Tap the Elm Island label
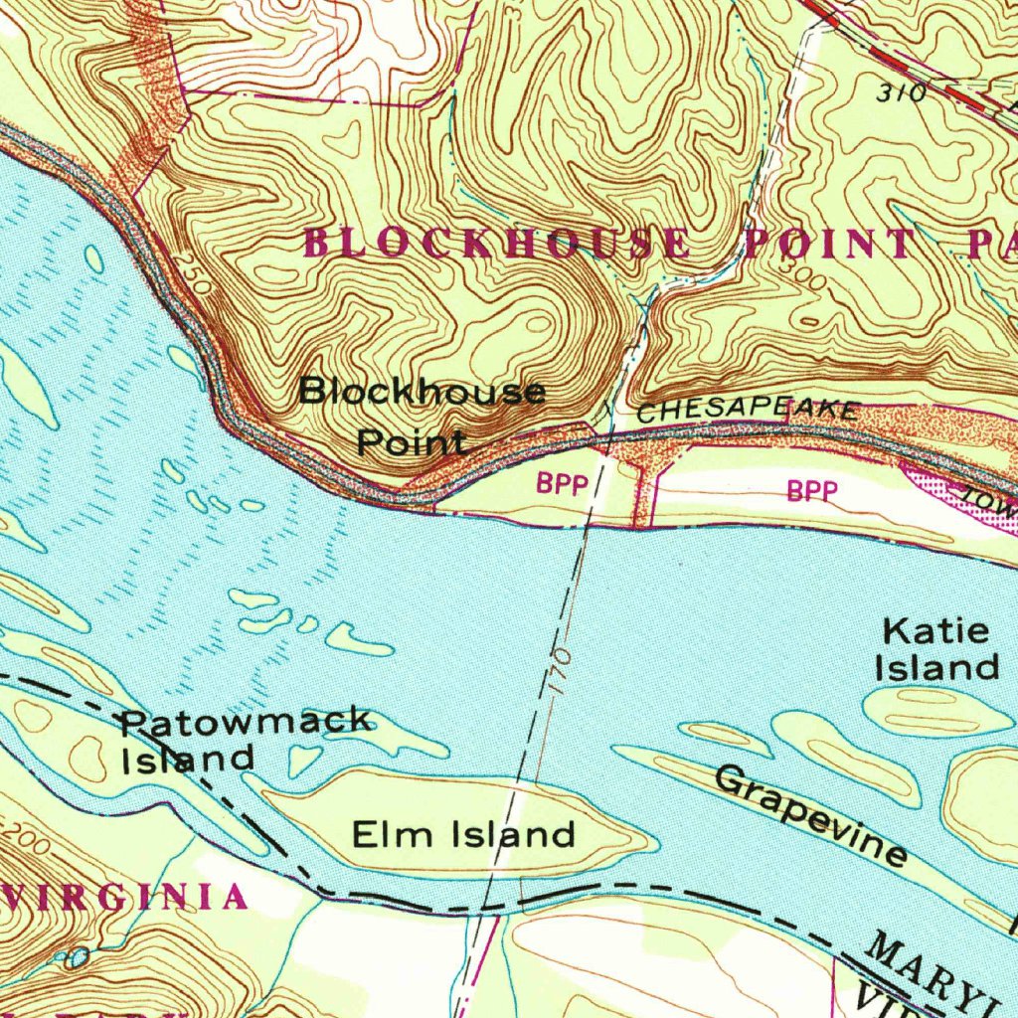[x=463, y=833]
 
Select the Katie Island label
[x=936, y=649]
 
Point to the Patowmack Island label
[x=244, y=738]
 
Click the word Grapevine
[x=810, y=814]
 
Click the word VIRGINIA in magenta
[x=124, y=897]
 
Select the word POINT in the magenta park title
[x=828, y=244]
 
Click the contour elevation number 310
[x=901, y=93]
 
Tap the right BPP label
[x=812, y=490]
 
